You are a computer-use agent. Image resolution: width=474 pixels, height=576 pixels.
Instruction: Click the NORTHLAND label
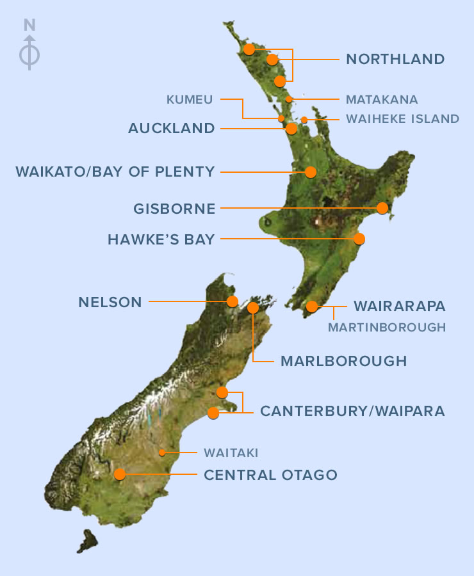coord(395,60)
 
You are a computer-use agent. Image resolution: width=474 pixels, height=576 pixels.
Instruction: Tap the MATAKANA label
coord(381,99)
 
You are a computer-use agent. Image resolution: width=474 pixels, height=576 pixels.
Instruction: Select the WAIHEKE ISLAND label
coord(402,118)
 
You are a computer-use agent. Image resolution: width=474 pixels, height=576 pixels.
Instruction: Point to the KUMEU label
coord(190,99)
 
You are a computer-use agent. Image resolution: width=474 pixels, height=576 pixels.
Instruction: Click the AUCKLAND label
coord(171,129)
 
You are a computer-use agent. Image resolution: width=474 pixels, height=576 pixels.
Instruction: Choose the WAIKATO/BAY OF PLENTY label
coord(115,172)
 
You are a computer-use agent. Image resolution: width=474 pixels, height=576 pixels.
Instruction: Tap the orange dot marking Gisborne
coord(383,208)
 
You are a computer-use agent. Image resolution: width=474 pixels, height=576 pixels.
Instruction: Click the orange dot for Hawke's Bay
coord(359,239)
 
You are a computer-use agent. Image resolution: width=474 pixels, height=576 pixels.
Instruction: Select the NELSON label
coord(110,302)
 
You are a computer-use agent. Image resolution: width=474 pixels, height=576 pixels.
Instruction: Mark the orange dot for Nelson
coord(233,301)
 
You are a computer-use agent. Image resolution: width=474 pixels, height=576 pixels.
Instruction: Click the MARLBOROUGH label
coord(343,361)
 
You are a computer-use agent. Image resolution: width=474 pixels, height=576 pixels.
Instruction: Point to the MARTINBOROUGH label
coord(386,327)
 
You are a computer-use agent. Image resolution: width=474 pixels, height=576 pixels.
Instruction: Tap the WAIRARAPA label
coord(399,307)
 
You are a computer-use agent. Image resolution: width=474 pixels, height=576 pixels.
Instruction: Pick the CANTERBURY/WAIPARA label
coord(352,411)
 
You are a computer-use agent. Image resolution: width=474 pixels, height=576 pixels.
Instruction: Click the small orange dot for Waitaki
coord(162,452)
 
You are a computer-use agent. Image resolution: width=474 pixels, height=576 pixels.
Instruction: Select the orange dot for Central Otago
coord(120,474)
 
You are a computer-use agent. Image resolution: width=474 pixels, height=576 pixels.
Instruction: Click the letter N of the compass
coord(29,26)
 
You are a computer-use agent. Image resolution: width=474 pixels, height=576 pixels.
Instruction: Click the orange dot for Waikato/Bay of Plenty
coord(311,172)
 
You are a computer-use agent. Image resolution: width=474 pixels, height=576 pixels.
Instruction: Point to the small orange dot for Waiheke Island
coord(304,120)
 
